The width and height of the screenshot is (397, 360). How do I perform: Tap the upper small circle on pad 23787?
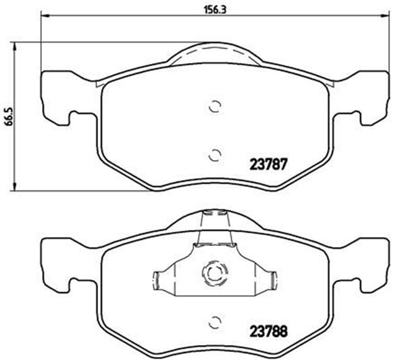pos(215,107)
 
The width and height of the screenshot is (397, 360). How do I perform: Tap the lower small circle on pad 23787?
pos(215,155)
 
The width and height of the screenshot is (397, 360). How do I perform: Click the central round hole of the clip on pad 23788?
pos(215,272)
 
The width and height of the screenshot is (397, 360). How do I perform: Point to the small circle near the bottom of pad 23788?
pos(215,322)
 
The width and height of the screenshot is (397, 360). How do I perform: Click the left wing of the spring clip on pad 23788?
pos(163,279)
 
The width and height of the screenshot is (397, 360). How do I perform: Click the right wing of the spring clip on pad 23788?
pos(267,279)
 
